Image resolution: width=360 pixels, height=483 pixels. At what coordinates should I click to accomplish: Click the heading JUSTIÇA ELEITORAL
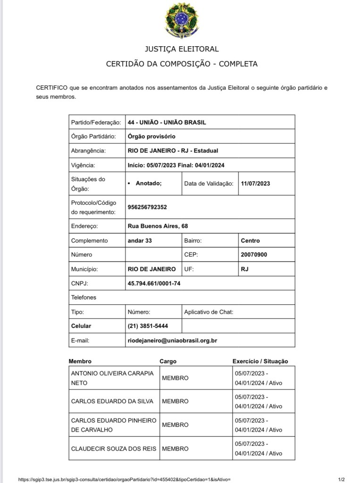(x=182, y=49)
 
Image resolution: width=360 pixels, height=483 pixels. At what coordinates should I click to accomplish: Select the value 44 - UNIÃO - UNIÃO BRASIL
(x=167, y=122)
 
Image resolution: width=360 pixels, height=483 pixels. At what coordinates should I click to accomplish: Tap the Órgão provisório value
(x=151, y=136)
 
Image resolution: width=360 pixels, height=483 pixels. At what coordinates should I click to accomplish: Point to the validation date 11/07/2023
(x=255, y=183)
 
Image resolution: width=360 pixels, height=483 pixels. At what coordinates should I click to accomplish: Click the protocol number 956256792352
(x=147, y=207)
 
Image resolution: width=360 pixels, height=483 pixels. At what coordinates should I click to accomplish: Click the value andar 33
(x=140, y=241)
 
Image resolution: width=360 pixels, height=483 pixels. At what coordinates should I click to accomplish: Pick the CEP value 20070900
(x=254, y=255)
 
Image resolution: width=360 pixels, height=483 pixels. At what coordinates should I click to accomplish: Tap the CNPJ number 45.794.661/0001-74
(x=154, y=283)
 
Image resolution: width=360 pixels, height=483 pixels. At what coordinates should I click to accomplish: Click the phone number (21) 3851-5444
(x=148, y=326)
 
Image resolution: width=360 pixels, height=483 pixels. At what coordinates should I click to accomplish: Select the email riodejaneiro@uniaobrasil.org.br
(x=172, y=340)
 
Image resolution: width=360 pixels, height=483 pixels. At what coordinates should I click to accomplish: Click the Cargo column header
(x=168, y=361)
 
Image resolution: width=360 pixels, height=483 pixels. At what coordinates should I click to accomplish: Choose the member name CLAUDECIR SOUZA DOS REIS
(x=113, y=449)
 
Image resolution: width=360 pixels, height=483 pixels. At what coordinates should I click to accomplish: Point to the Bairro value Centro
(x=250, y=241)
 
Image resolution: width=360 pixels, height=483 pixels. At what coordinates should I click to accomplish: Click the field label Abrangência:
(x=88, y=150)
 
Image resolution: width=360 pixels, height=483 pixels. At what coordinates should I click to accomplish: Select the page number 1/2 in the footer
(x=342, y=479)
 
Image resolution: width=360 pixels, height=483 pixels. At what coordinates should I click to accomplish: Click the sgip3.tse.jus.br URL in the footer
(x=124, y=479)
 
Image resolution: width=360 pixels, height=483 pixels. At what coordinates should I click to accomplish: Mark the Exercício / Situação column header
(x=260, y=361)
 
